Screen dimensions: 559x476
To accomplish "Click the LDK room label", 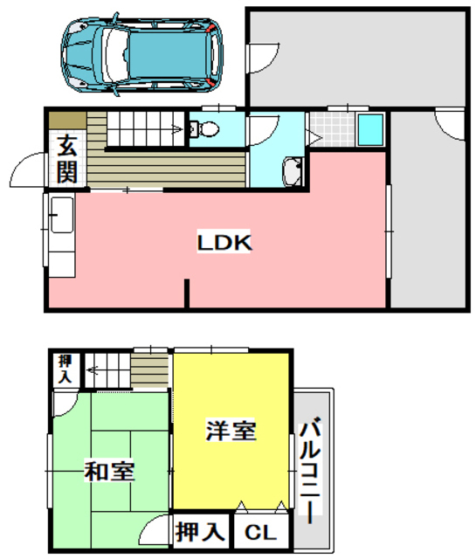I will pos(224,243).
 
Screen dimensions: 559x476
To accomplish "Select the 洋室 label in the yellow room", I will pos(231,431).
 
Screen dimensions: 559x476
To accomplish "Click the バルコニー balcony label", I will pos(310,472).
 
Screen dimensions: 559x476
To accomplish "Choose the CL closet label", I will pos(260,532).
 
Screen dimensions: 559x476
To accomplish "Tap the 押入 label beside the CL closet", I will pos(200,530).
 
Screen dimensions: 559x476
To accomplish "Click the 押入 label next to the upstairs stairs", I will pos(64,369).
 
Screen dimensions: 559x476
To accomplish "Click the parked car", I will pos(141,54).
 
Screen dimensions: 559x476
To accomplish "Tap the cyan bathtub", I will pos(369,132).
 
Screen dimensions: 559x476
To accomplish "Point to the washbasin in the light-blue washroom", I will pos(293,171).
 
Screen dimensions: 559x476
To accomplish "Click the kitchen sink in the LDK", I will pos(61,215).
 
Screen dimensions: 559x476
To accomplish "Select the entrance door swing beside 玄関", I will pos(26,169).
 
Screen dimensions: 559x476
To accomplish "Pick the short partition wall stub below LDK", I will pos(186,293).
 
